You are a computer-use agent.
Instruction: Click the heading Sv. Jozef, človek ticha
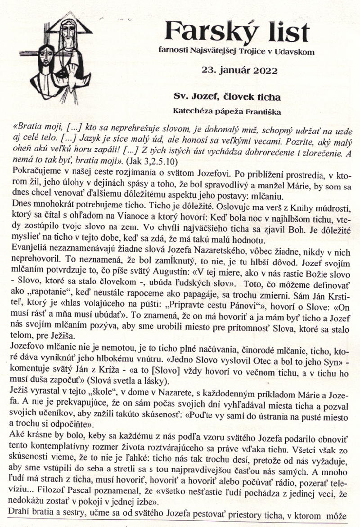(x=227, y=97)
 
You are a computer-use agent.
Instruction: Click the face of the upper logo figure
(x=67, y=31)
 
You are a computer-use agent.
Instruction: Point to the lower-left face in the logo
(x=45, y=58)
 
